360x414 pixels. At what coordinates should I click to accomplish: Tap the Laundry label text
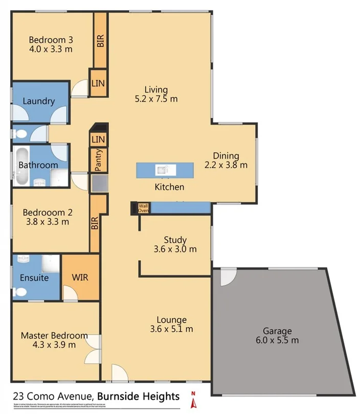pos(38,101)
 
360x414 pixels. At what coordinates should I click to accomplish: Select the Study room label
pos(175,240)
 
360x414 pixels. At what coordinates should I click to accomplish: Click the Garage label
pos(277,331)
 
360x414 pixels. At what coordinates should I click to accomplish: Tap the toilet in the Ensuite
pos(21,292)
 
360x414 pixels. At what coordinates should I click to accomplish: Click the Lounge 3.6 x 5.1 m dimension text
pos(171,329)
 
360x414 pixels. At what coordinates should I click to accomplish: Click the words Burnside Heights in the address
pos(139,396)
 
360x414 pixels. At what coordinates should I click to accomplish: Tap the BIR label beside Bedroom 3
pos(100,40)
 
